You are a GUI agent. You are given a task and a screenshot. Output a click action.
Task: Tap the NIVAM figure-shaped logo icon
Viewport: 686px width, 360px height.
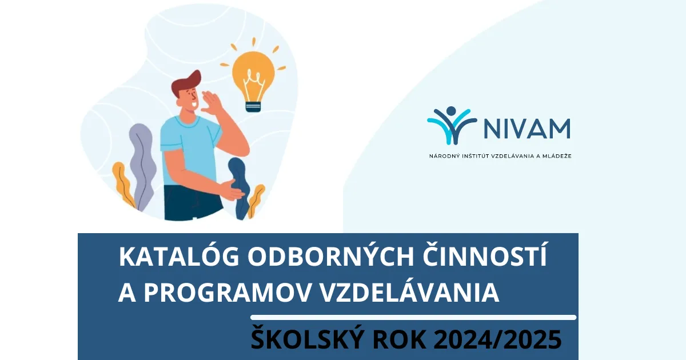tap(452, 125)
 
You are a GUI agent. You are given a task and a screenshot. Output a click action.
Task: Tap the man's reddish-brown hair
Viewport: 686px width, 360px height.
tap(186, 84)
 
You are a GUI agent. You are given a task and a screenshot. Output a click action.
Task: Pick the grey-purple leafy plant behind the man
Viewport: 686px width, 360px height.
tap(142, 160)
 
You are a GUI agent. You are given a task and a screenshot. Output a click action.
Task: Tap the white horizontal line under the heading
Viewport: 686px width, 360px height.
tap(413, 317)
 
